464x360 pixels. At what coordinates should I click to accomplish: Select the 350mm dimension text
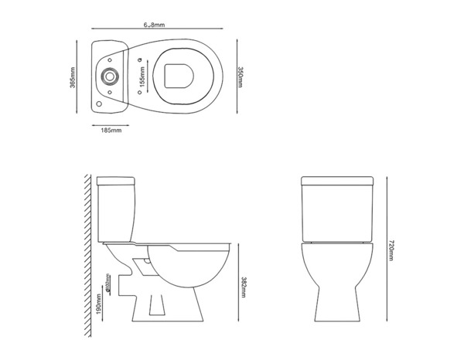pyautogui.click(x=241, y=76)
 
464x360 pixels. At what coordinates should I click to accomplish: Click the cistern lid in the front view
pyautogui.click(x=337, y=182)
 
